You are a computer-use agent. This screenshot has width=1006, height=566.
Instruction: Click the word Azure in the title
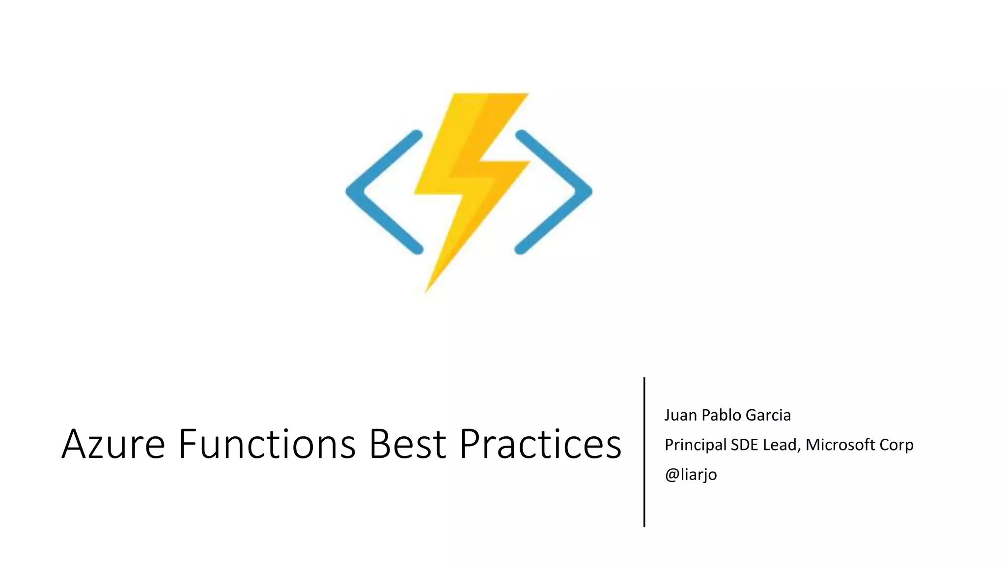(x=113, y=444)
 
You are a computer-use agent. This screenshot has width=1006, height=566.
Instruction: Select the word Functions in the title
(x=267, y=444)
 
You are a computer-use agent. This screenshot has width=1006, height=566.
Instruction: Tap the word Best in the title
(x=408, y=444)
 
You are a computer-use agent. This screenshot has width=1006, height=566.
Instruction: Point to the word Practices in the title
(x=540, y=444)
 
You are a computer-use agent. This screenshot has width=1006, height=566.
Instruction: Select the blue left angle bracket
(x=383, y=192)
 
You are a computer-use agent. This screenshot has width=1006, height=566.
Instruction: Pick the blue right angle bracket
(x=554, y=192)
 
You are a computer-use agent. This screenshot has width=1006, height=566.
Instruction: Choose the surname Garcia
(x=768, y=415)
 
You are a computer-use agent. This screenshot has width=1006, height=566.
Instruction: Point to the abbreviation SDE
(x=745, y=445)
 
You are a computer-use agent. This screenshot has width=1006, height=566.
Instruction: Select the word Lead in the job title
(x=782, y=445)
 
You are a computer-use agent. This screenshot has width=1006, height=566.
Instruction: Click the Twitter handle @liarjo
(x=691, y=475)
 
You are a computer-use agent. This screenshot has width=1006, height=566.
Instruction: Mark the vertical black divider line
(x=644, y=452)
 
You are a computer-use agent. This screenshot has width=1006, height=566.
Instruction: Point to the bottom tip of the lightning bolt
(x=426, y=291)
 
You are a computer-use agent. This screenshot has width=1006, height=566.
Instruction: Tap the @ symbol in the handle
(x=671, y=475)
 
